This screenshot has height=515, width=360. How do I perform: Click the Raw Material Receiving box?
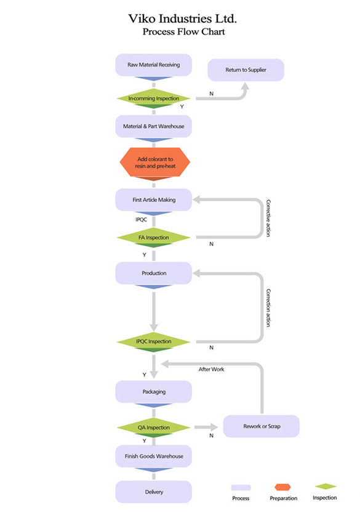153,65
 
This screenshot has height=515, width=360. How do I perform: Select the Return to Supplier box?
246,70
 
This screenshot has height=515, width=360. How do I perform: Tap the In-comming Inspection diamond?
153,98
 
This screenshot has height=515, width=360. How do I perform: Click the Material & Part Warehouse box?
153,126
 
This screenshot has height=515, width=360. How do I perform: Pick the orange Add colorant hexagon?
154,162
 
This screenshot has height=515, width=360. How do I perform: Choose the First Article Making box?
153,200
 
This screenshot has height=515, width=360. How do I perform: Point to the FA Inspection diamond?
153,238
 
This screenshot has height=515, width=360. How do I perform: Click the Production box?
153,273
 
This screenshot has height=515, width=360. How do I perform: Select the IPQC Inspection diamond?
153,341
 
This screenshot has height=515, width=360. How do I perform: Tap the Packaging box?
153,392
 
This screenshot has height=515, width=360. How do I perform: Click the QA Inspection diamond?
153,428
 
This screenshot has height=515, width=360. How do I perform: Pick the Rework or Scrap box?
262,426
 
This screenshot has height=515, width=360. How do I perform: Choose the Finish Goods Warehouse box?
153,456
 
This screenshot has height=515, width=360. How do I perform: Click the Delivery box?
153,492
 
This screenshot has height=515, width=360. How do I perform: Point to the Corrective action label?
268,218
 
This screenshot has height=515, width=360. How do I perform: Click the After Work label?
211,369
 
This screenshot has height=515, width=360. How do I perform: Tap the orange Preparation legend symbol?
283,487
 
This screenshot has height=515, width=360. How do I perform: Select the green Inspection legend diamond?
325,487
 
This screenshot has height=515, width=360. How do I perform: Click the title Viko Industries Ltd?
182,18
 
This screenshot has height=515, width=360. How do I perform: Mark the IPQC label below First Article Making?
142,220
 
